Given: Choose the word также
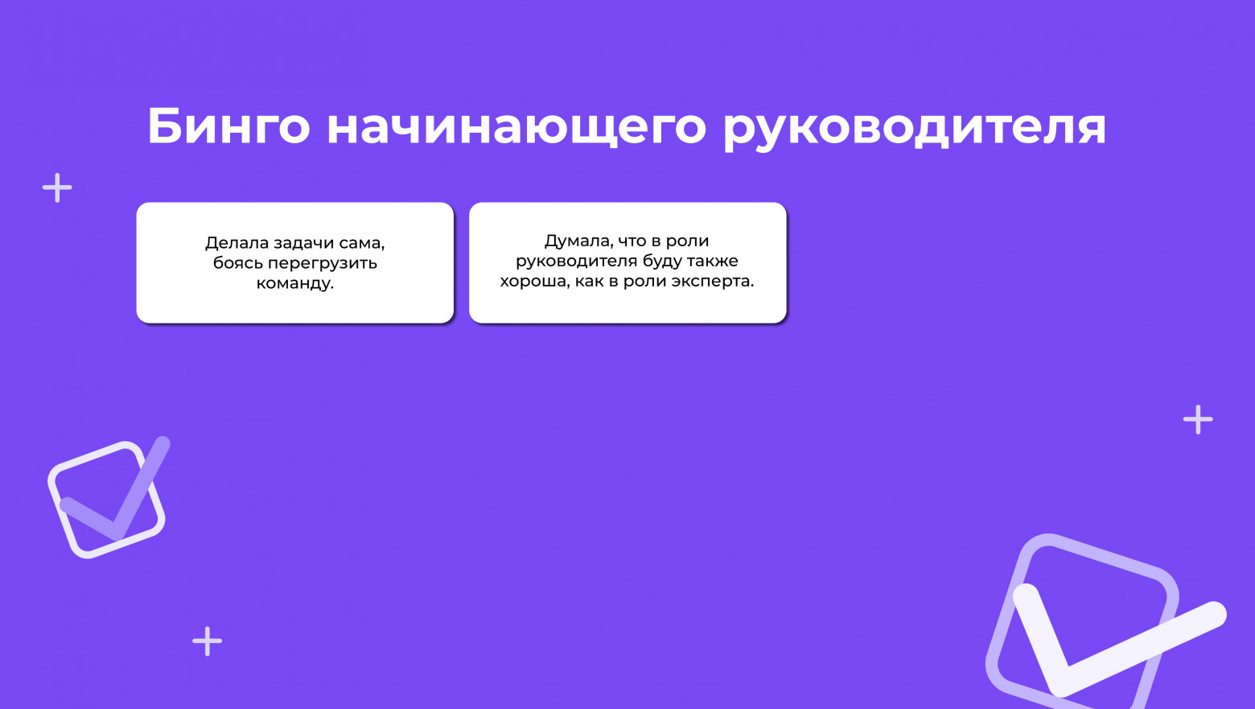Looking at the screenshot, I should [712, 261].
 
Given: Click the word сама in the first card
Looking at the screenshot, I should [363, 243].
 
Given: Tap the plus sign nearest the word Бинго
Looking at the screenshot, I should [57, 188].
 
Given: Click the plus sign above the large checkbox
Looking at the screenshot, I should [1198, 419].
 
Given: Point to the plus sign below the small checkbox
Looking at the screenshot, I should [207, 641].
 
